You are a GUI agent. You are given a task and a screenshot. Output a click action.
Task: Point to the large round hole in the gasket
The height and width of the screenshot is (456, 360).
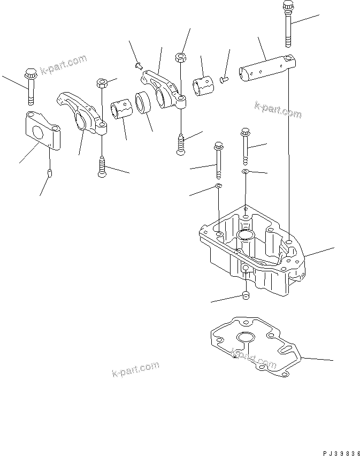tap(247, 337)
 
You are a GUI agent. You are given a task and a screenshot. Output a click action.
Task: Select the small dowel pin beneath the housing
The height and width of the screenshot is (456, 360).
tap(245, 296)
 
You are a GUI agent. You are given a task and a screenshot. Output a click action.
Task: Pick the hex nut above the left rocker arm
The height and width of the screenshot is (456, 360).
tap(102, 83)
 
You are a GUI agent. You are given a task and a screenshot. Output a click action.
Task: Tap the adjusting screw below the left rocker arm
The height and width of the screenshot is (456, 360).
tap(101, 167)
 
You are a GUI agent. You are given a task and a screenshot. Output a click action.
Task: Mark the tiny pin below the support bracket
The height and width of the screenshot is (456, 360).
tap(49, 173)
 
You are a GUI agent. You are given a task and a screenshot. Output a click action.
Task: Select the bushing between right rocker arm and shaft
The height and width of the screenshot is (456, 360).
tap(203, 86)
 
